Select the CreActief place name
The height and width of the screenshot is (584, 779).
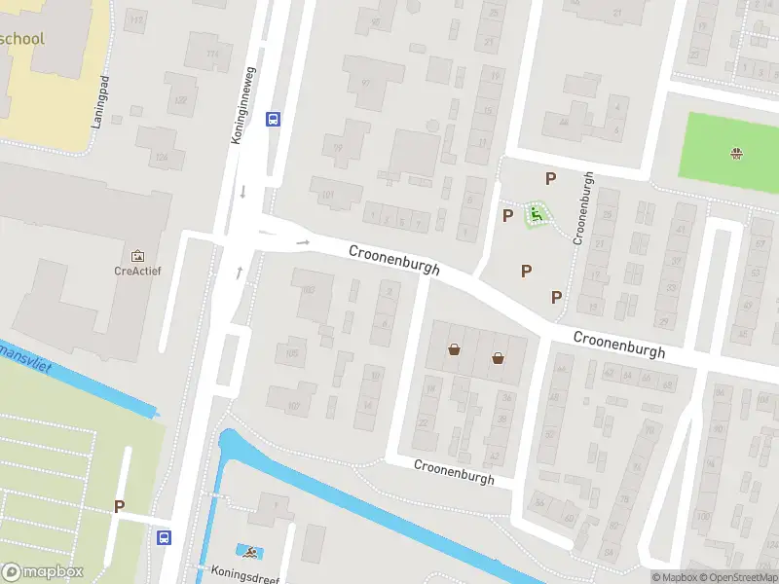point(135,272)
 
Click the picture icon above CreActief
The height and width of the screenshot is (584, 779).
point(135,255)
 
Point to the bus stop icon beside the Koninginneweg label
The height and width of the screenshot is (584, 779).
point(273,120)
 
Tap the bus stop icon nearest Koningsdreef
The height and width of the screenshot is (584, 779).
point(164,536)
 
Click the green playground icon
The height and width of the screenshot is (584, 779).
point(535,213)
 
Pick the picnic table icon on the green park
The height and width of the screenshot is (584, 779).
point(737,152)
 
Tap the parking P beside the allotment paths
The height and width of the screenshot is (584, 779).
point(120,506)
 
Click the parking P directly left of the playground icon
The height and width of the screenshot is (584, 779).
point(507,215)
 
